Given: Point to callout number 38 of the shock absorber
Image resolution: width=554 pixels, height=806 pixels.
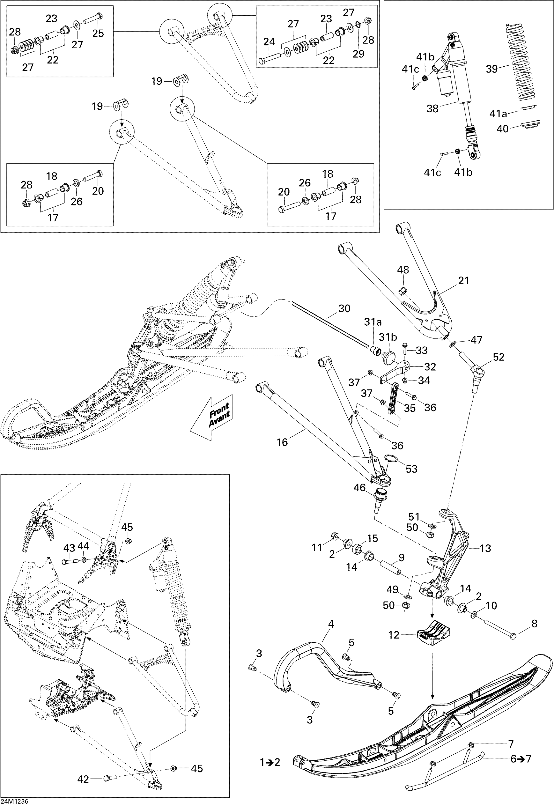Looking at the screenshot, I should [433, 109].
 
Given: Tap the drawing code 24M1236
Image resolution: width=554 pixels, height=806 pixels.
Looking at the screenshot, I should [14, 801].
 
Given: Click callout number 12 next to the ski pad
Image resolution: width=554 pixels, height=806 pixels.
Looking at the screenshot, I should [394, 635].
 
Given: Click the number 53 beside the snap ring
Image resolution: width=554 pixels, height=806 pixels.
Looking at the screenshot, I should [412, 469].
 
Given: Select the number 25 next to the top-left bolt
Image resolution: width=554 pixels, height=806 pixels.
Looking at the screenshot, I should [98, 33].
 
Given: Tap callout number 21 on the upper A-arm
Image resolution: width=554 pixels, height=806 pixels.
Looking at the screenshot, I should [464, 280].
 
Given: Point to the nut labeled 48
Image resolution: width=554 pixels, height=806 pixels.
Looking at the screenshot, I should [403, 290].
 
